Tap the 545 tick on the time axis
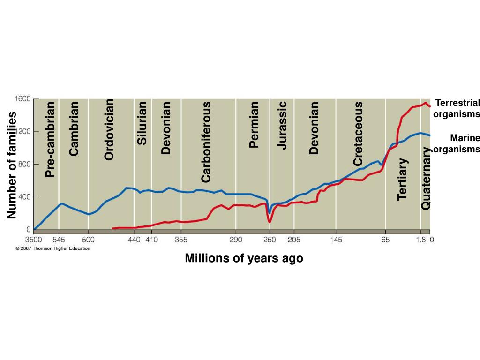[x=59, y=240]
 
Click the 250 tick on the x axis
[x=269, y=240]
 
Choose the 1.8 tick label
[x=420, y=240]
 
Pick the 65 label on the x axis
[x=385, y=240]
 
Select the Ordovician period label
[x=109, y=129]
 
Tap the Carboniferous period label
[x=206, y=142]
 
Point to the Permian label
[x=254, y=124]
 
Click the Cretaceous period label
[x=358, y=134]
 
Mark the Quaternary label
[x=426, y=178]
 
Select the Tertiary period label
[x=402, y=179]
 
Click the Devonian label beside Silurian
[x=166, y=128]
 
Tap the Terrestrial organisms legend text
[x=457, y=108]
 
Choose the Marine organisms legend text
[x=457, y=143]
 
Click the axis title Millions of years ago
[x=244, y=258]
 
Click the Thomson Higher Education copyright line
[x=53, y=248]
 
